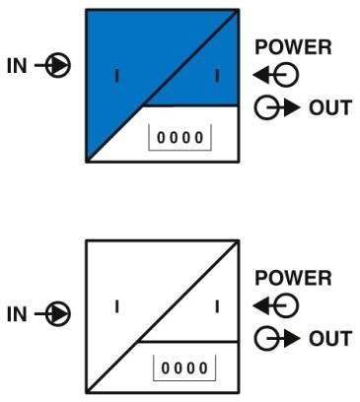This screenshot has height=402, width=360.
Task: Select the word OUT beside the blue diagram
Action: pyautogui.click(x=332, y=106)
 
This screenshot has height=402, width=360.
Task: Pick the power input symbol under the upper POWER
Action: pyautogui.click(x=263, y=74)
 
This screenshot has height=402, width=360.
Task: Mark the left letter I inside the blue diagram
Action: pyautogui.click(x=116, y=75)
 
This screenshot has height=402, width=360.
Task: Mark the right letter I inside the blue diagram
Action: pyautogui.click(x=216, y=75)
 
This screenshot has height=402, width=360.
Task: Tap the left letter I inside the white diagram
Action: pyautogui.click(x=116, y=305)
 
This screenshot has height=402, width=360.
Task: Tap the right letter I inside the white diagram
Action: pyautogui.click(x=216, y=305)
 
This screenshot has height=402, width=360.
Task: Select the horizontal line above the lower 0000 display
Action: pyautogui.click(x=187, y=339)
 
